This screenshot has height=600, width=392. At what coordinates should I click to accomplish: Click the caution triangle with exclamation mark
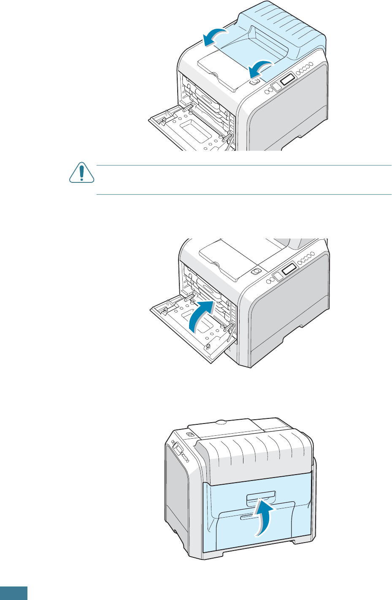(x=81, y=174)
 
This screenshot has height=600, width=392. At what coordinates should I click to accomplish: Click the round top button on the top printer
(x=254, y=82)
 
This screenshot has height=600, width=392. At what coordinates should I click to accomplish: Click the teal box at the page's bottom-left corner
(x=14, y=593)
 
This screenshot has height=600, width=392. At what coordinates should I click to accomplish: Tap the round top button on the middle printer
(x=254, y=272)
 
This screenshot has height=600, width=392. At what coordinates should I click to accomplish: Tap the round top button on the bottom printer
(x=189, y=435)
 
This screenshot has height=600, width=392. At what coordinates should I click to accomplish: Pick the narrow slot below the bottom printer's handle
(x=246, y=517)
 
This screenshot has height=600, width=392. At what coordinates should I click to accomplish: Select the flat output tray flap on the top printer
(x=224, y=68)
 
